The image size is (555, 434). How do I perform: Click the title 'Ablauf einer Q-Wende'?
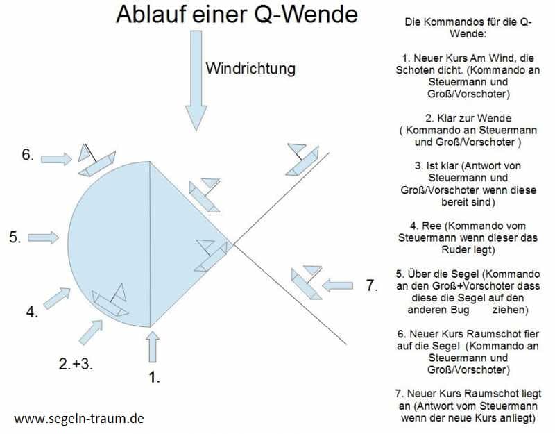[237, 15]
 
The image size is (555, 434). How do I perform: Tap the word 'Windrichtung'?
[250, 68]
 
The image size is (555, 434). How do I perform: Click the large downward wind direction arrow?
[196, 81]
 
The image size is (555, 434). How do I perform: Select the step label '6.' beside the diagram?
[28, 154]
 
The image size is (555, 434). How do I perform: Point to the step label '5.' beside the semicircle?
[15, 237]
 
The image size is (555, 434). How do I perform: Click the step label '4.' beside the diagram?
[32, 312]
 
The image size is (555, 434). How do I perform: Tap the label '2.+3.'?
[76, 364]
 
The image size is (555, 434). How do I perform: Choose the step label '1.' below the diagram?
[153, 377]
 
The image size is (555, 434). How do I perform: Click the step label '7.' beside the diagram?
[372, 285]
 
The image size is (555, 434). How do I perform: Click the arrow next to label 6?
[57, 159]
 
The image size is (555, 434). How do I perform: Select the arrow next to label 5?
[43, 237]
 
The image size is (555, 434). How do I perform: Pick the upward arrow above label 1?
[153, 347]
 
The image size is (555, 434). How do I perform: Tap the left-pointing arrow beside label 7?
[337, 285]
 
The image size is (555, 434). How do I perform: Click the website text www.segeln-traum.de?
[79, 419]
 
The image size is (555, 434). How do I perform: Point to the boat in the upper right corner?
[302, 160]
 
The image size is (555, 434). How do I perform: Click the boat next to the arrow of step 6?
[96, 160]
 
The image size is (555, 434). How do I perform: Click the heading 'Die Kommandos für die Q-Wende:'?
[468, 28]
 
